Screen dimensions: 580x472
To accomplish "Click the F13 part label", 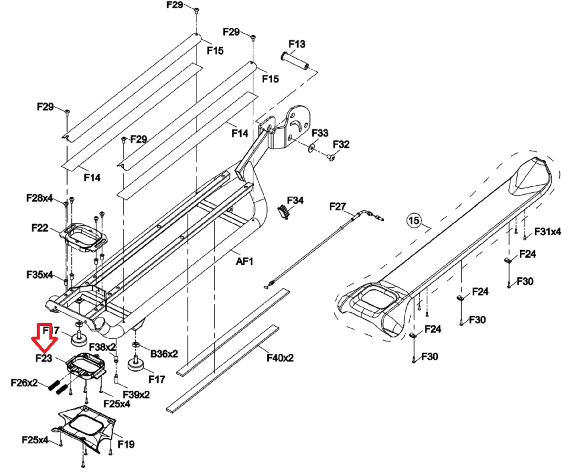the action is click(297, 44).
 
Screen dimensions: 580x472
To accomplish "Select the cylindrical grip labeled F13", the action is click(295, 61).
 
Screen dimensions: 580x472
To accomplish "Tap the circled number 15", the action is click(414, 220).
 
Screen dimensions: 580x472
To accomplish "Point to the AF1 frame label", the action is click(245, 261).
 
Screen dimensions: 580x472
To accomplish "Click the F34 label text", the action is click(295, 200).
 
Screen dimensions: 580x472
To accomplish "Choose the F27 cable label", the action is click(338, 206).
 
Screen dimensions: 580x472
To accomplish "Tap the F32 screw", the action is click(331, 157).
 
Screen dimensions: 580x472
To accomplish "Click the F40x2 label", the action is click(280, 358).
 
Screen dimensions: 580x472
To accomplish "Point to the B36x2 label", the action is click(164, 354).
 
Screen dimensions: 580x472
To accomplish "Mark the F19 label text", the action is click(126, 444).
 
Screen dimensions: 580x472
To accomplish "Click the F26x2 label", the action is click(24, 383).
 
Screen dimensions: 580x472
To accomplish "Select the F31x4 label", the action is click(548, 232).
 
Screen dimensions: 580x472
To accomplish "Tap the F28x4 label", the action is click(39, 198).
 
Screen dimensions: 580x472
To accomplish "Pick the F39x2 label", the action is click(136, 394).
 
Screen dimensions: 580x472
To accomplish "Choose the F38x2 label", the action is click(103, 347).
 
